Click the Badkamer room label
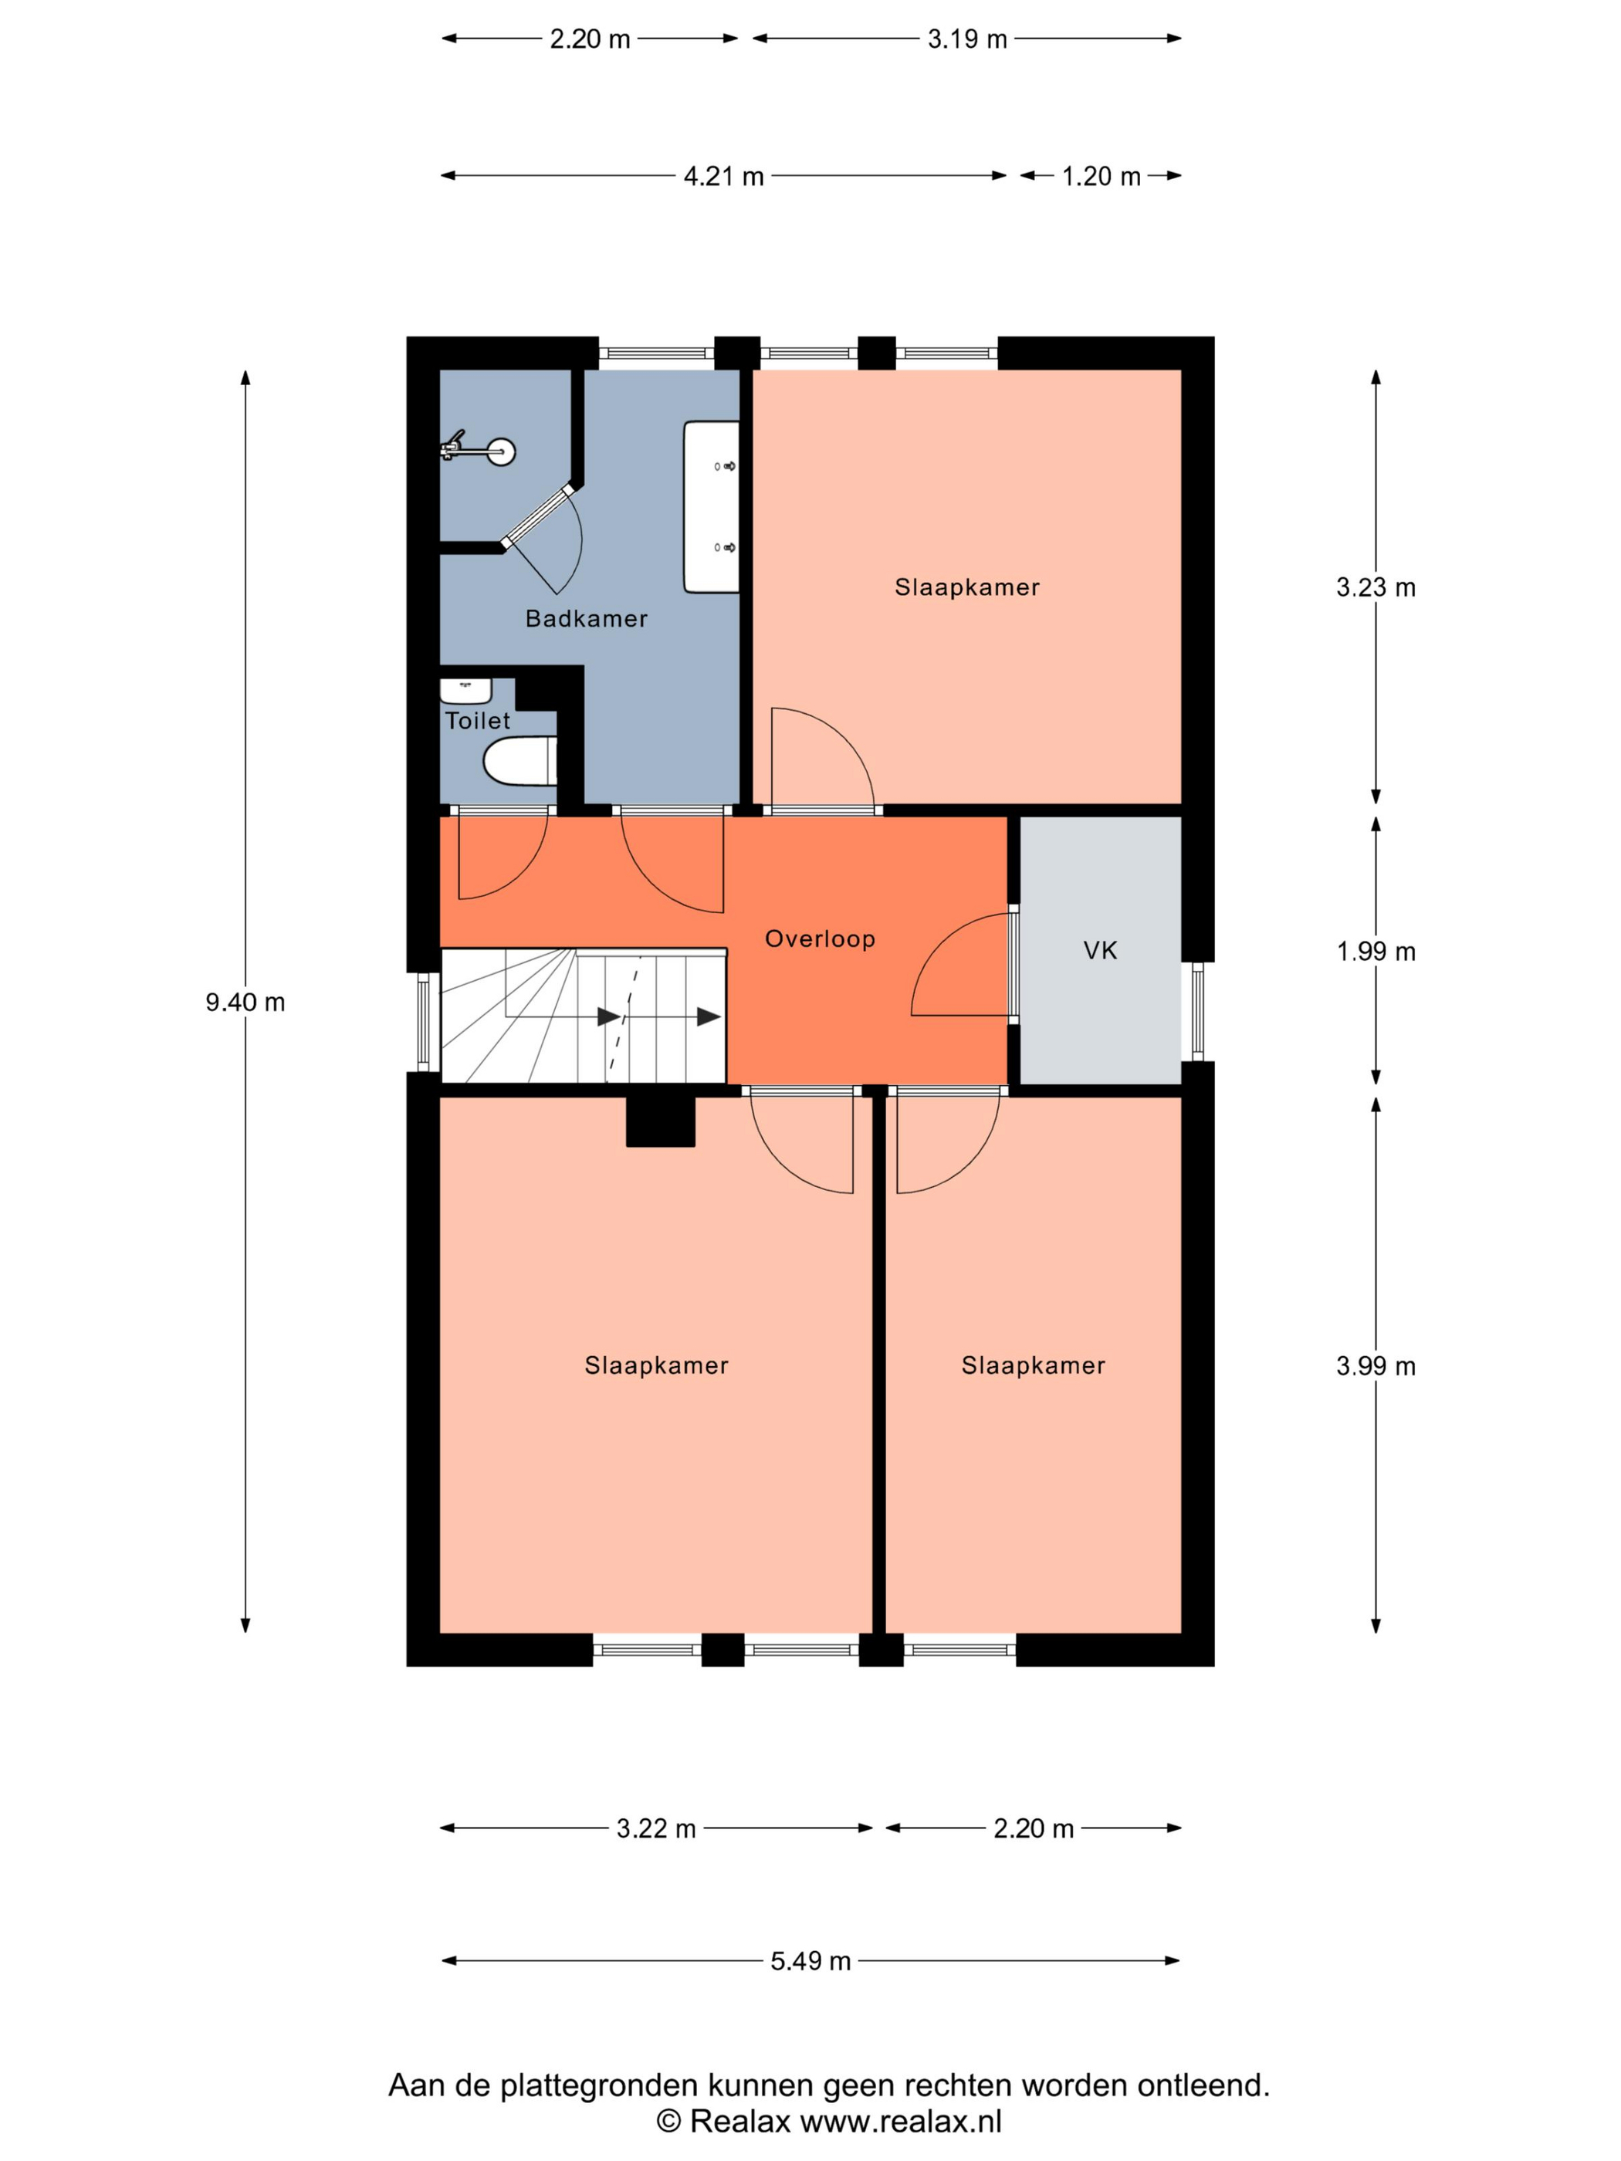point(586,618)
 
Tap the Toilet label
point(478,721)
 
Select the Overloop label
point(820,938)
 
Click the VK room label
point(1100,951)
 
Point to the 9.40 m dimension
point(245,1003)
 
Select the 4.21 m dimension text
point(723,176)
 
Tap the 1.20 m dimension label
point(1102,176)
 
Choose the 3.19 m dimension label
point(967,39)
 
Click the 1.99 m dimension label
point(1376,952)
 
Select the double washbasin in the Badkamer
point(712,507)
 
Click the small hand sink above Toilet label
point(465,691)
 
